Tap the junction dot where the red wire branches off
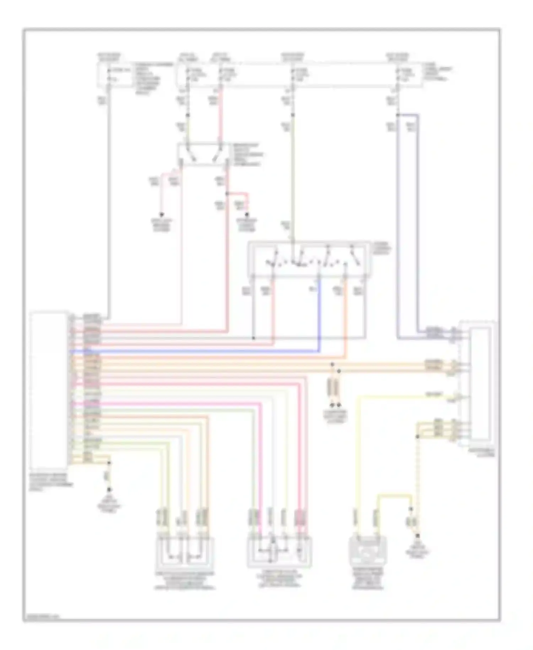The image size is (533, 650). (x=227, y=194)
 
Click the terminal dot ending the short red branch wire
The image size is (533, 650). (x=247, y=215)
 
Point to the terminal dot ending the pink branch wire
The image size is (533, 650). (x=162, y=214)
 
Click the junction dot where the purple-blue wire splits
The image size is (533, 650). (x=398, y=115)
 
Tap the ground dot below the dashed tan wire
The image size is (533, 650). (x=418, y=536)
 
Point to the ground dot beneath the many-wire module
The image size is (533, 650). (x=109, y=490)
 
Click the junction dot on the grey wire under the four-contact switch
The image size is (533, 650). (x=253, y=338)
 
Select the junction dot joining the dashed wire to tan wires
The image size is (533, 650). (x=418, y=436)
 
